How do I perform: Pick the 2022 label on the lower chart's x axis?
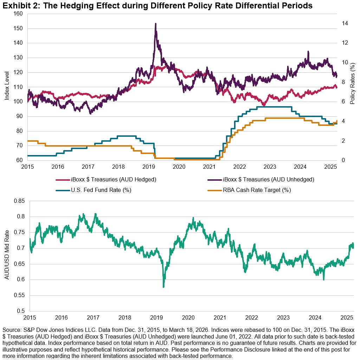coord(252,317)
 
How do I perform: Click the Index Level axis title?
coord(7,87)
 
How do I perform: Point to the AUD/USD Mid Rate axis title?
coord(7,256)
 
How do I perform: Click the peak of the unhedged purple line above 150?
coord(155,24)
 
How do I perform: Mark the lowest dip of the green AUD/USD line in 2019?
coord(163,287)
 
